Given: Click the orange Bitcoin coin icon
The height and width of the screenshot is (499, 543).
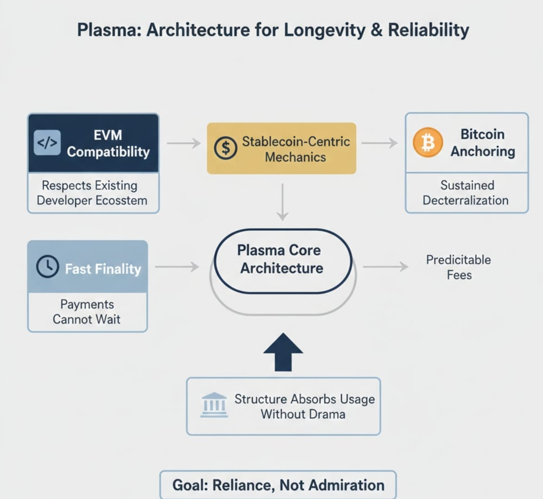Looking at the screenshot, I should click(x=428, y=142).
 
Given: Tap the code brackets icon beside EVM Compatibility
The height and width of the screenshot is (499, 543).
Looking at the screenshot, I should click(x=47, y=143).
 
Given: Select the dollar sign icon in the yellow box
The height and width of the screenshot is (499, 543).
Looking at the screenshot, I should click(x=225, y=148).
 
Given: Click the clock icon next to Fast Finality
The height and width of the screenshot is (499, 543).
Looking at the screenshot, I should click(x=48, y=267).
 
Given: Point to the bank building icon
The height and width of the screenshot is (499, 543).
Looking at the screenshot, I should click(x=214, y=405).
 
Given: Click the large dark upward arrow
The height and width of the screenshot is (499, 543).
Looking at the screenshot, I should click(x=283, y=352).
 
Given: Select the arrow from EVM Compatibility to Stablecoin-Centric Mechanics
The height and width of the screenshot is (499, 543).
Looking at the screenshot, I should click(x=183, y=143).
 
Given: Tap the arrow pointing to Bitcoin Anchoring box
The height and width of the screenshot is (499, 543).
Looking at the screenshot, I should click(x=379, y=143).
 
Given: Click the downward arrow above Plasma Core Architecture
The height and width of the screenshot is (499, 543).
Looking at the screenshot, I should click(x=282, y=202).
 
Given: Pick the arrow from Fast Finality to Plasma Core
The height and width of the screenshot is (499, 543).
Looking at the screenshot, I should click(x=177, y=267).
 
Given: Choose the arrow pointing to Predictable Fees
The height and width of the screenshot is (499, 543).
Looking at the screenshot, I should click(x=385, y=267).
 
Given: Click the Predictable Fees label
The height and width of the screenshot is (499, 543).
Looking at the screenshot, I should click(x=458, y=267).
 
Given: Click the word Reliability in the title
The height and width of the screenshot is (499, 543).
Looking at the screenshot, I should click(x=428, y=30).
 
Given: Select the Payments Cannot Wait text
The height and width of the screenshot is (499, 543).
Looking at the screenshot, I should click(x=87, y=311).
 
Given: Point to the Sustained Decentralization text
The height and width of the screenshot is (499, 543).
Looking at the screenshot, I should click(x=466, y=193).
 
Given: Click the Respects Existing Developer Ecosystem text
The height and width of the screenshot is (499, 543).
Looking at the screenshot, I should click(x=92, y=193).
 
